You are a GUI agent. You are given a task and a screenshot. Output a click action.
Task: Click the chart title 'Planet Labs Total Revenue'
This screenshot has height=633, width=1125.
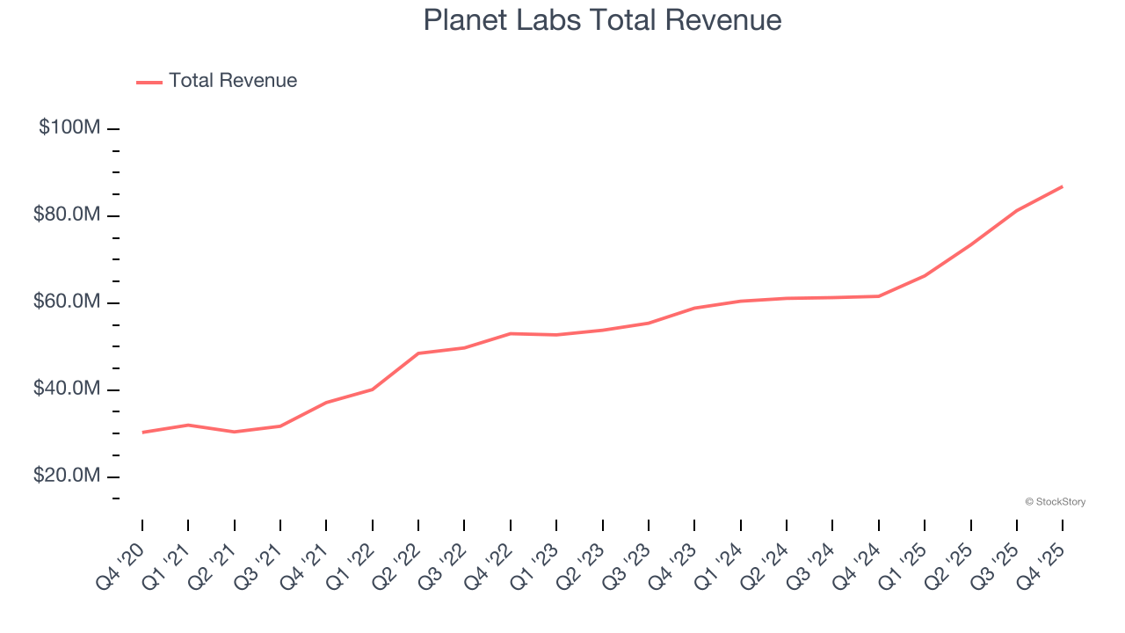tap(602, 20)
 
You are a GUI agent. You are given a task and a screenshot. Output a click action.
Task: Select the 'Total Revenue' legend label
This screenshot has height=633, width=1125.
tap(233, 81)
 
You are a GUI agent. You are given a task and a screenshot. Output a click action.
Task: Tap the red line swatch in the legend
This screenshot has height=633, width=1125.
tap(149, 82)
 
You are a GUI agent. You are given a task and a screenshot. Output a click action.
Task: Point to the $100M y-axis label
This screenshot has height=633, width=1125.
tap(69, 127)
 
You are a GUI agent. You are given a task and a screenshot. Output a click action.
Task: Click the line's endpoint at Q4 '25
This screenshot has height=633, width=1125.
tap(1063, 186)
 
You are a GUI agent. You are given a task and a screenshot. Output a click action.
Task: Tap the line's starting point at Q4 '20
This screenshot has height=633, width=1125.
tap(142, 433)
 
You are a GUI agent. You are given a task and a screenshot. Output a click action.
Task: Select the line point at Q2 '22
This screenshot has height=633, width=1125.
tap(418, 353)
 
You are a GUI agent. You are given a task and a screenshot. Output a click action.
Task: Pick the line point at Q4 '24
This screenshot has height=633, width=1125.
tap(879, 296)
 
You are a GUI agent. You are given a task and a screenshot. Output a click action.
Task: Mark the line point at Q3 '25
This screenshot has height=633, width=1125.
tap(1017, 210)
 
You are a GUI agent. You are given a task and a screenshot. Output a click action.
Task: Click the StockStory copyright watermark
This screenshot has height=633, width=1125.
tap(1055, 502)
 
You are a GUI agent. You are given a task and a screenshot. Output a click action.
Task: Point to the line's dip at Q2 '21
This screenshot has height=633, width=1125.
tap(235, 432)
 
